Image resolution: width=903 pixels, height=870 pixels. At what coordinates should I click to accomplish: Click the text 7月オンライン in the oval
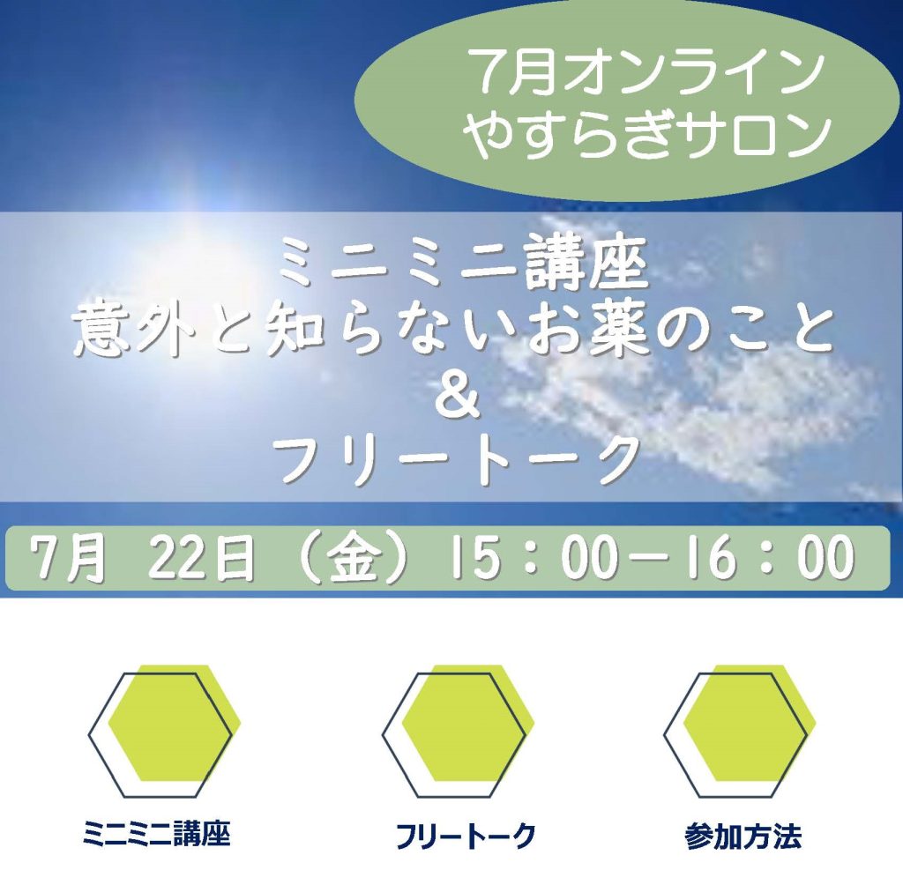point(646,74)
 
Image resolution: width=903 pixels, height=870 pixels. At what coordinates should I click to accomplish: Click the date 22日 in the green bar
point(202,558)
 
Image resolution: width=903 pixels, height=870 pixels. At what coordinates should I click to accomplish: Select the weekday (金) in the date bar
point(358,558)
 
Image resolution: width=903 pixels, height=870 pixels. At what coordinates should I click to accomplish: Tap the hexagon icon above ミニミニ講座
point(164,732)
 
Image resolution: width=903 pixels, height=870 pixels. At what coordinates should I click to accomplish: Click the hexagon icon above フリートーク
point(458,732)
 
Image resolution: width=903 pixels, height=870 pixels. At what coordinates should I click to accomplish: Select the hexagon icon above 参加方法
point(740,732)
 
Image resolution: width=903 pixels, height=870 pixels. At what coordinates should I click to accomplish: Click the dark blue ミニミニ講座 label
point(157,835)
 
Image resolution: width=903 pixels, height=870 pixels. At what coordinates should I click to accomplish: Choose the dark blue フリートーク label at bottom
point(466,836)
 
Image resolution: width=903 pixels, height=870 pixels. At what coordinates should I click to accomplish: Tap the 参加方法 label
point(743,836)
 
